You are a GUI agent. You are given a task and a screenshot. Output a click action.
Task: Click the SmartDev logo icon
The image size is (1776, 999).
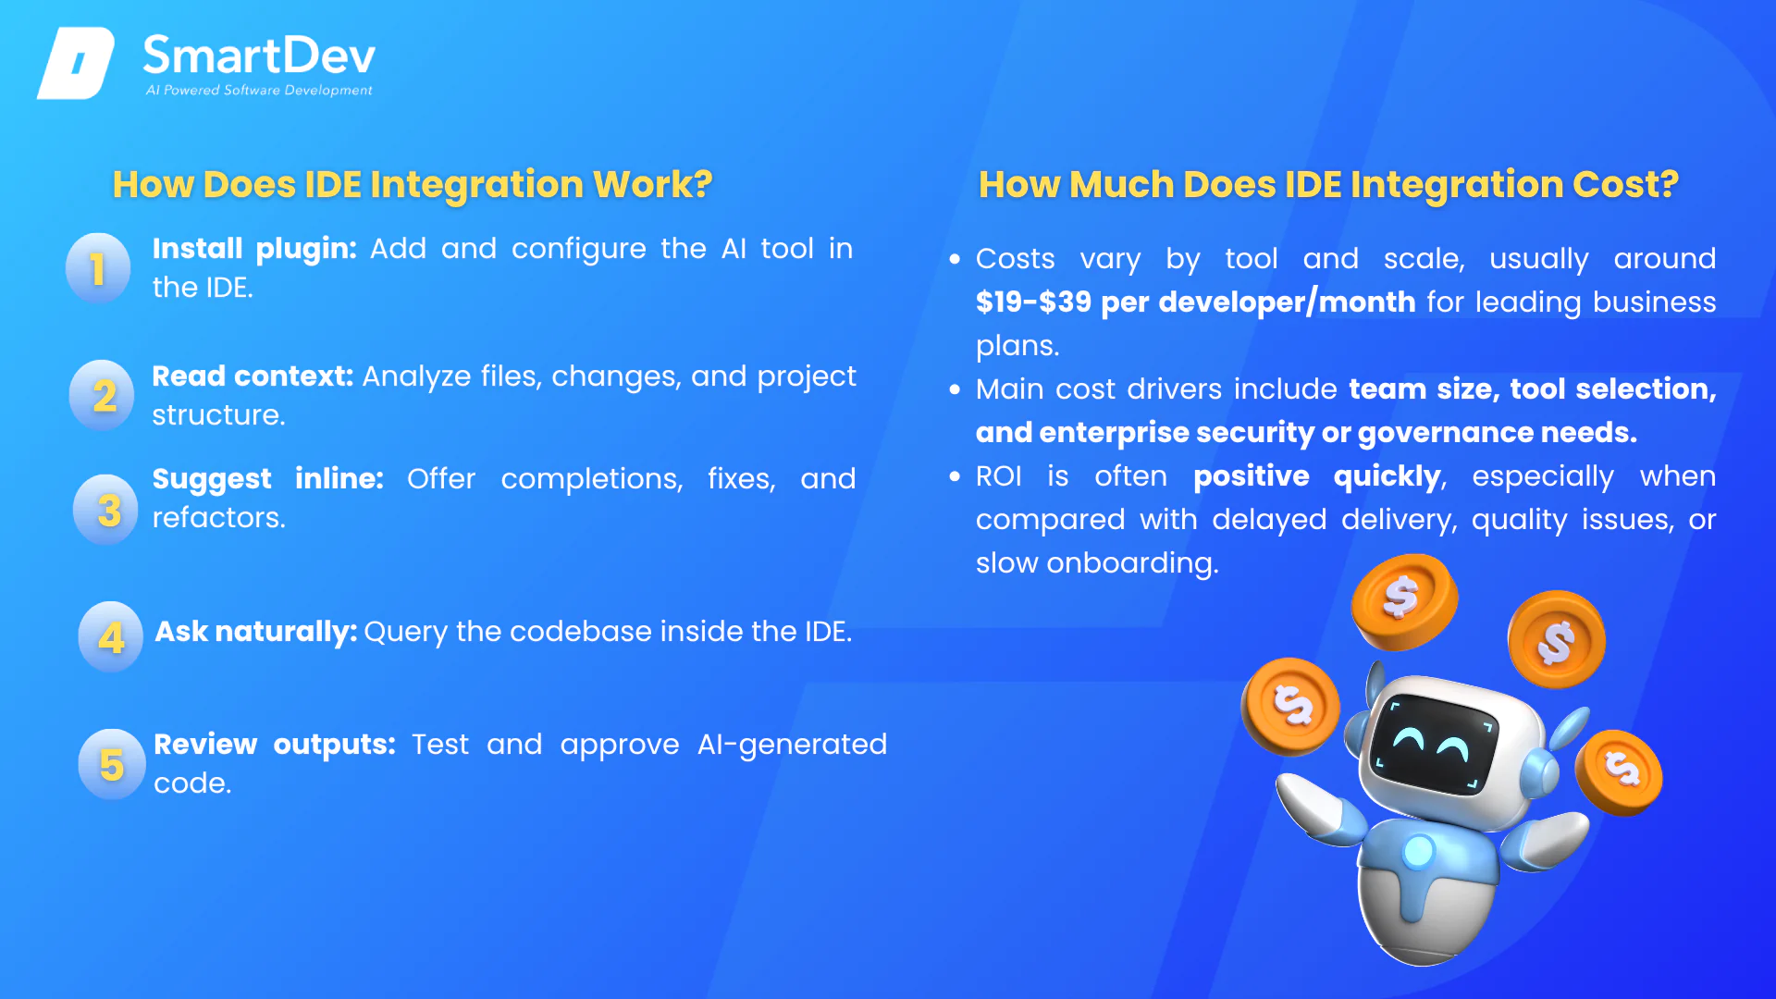point(76,63)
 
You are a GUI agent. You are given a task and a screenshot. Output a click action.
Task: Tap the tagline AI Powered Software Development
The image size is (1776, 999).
point(259,90)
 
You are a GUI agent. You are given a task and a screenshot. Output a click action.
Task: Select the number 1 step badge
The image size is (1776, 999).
point(98,268)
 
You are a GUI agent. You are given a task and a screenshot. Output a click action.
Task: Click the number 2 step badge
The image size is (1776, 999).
point(103,395)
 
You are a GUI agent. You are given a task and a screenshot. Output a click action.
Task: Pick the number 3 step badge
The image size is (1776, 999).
point(106,510)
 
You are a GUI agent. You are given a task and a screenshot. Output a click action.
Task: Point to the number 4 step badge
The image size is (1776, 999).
point(111,636)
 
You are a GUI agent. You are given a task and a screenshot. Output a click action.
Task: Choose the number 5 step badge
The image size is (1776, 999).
point(112,764)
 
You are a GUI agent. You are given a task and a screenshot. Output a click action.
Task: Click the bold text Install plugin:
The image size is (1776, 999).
point(254,249)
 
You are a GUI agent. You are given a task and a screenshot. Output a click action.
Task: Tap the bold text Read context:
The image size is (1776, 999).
point(253,376)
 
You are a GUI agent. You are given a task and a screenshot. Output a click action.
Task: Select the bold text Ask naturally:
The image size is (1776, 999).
point(256,632)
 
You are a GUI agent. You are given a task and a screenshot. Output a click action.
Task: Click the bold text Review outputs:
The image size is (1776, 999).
point(275,745)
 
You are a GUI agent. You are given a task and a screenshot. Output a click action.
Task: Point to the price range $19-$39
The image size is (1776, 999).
point(1034,302)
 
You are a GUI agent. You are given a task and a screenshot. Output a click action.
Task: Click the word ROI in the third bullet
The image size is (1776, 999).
point(999,476)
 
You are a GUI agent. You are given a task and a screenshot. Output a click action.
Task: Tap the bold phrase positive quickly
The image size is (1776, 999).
point(1317,477)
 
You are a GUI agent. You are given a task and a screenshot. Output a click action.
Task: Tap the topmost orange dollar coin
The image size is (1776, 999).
point(1404,600)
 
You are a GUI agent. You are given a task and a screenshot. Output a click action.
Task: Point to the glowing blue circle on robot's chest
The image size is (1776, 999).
point(1418,850)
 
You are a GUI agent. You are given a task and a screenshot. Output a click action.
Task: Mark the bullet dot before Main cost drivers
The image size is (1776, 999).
point(955,389)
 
